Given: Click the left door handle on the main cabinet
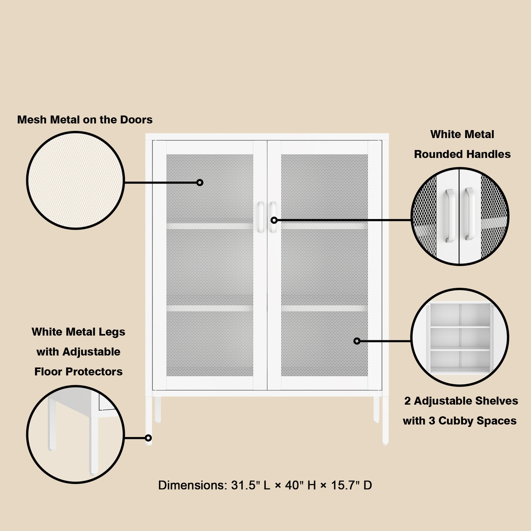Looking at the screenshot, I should click(x=260, y=217).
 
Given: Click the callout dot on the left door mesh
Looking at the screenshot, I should click(x=200, y=182).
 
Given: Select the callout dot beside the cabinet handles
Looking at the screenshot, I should click(x=274, y=220).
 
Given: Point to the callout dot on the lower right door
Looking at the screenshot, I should click(x=357, y=341).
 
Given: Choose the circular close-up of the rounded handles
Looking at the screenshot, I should click(x=460, y=216).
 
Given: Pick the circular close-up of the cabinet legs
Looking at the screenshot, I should click(x=75, y=434).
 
